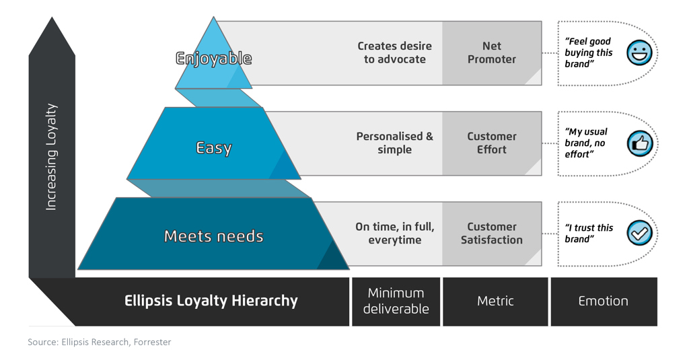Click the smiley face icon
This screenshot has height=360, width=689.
(639, 53)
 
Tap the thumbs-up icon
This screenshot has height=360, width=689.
(639, 143)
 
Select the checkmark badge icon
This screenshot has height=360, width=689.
(639, 233)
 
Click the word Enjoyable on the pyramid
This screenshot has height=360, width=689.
(214, 59)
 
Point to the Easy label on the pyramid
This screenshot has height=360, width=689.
(214, 147)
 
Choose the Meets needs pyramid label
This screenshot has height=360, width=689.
(214, 236)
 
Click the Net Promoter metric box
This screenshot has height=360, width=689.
(491, 52)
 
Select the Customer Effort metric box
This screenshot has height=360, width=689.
(491, 143)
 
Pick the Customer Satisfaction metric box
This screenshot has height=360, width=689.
(491, 233)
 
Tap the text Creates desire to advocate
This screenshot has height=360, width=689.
(394, 52)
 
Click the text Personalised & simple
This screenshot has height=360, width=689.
(394, 143)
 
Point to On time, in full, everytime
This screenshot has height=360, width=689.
(394, 233)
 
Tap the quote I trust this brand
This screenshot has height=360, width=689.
(589, 233)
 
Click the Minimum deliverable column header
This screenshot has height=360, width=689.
(396, 301)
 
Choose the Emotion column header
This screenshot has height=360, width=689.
(603, 301)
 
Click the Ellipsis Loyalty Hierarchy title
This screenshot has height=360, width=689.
(211, 301)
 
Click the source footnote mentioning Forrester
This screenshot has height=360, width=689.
(100, 342)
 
